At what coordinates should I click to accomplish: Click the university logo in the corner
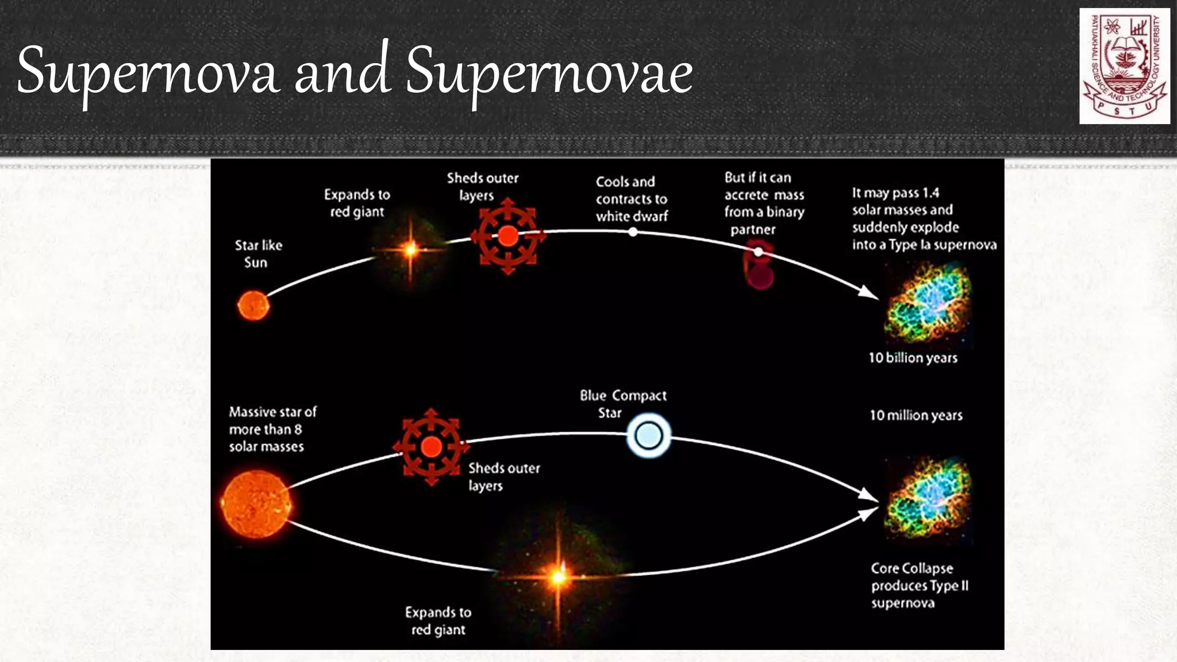click(1124, 66)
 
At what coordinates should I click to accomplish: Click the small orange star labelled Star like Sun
click(253, 305)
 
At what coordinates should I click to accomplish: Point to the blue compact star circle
click(648, 435)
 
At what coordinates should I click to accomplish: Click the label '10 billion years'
click(913, 358)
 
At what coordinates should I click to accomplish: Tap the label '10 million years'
click(916, 415)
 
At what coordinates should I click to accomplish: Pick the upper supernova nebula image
click(926, 303)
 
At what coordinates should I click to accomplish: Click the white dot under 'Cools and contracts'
click(633, 232)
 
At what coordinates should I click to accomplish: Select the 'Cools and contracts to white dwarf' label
click(631, 199)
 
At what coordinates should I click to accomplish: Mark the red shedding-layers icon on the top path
click(507, 236)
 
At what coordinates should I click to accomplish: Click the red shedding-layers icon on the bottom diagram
click(431, 447)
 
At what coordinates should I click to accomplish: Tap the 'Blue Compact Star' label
click(623, 403)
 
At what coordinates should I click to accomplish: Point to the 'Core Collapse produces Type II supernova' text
click(919, 585)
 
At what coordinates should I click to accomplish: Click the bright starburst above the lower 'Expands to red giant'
click(557, 576)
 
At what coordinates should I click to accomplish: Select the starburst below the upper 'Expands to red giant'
click(410, 249)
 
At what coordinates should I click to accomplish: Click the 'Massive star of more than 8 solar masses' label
click(272, 429)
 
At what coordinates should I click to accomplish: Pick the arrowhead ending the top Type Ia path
click(868, 293)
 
